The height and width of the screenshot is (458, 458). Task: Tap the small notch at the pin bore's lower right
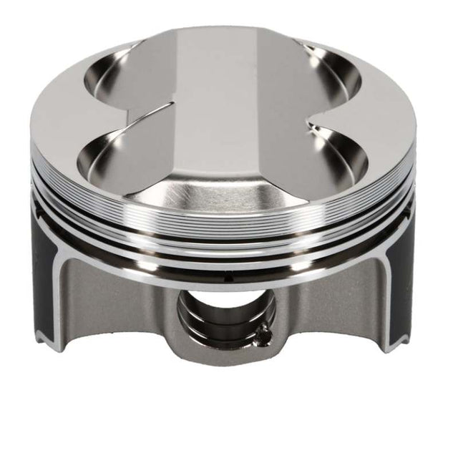point(265,331)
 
